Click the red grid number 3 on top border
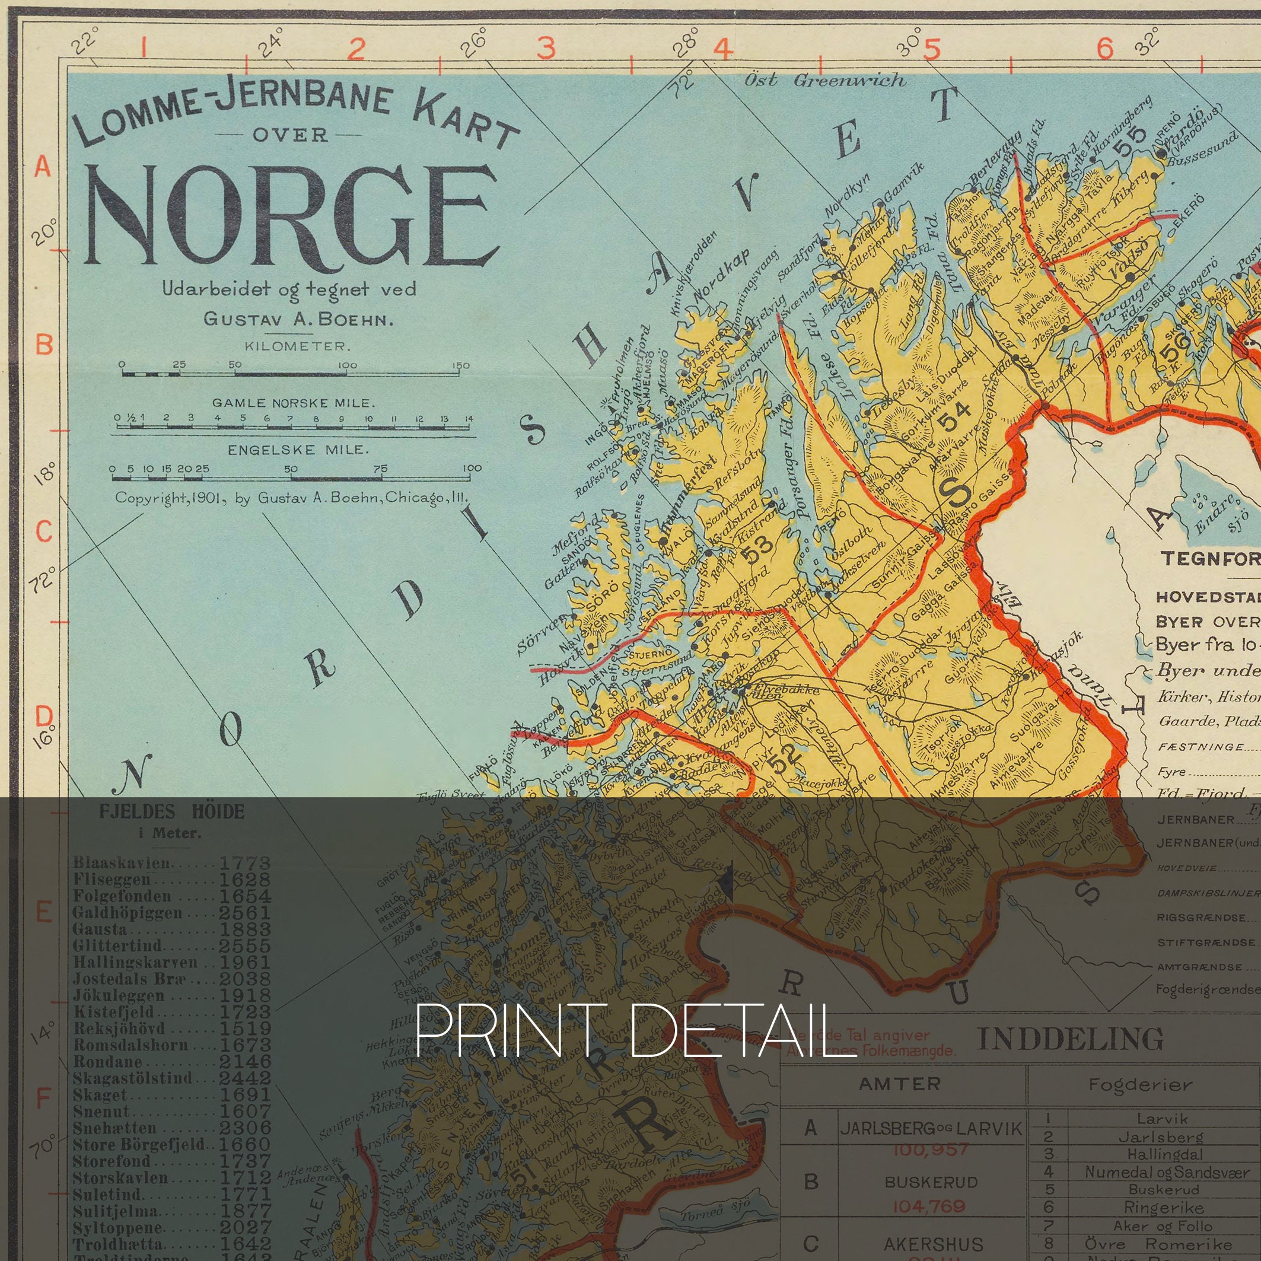[x=546, y=47]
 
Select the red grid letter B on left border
[x=44, y=344]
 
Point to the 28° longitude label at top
[x=684, y=43]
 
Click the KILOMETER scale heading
[x=298, y=346]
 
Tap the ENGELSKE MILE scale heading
[x=298, y=450]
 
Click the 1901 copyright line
[x=291, y=498]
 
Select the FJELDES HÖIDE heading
[x=171, y=812]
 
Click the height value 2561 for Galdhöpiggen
[x=245, y=912]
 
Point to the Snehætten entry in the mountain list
[x=115, y=1128]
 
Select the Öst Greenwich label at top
[x=825, y=80]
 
